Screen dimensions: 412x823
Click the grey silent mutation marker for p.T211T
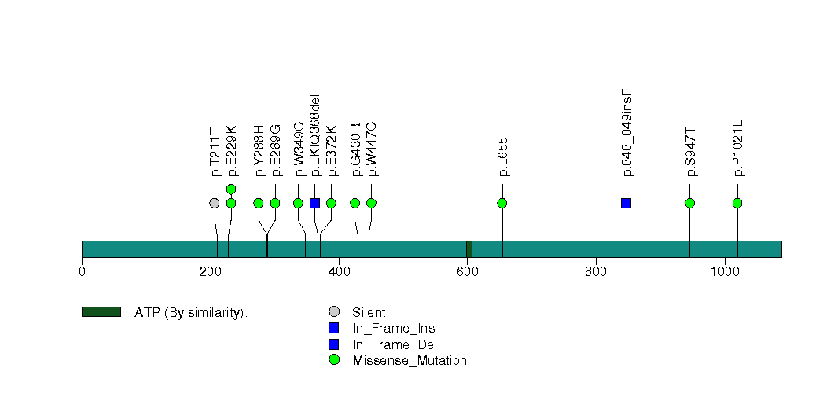coord(215,203)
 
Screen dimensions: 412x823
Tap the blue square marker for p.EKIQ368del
coord(314,203)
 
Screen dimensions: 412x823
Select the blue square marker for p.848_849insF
coord(626,203)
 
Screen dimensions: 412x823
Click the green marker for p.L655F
coord(502,203)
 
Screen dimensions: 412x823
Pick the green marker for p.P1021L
coord(737,203)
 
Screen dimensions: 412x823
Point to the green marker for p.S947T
coord(689,203)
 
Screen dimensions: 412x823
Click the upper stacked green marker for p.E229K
coord(231,189)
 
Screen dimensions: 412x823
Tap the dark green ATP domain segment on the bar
coord(468,248)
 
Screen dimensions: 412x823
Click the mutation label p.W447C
coord(372,149)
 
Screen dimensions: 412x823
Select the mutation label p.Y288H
coord(259,150)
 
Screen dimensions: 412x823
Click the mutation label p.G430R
coord(355,149)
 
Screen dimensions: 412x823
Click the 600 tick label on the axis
coord(467,272)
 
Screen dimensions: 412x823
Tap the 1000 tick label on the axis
coord(724,272)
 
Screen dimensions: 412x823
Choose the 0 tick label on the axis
coord(82,272)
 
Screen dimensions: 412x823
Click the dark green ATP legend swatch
coord(101,312)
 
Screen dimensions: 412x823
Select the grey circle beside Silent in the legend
coord(334,312)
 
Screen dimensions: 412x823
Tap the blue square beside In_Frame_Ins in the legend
coord(334,328)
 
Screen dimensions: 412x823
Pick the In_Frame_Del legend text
coord(394,344)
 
